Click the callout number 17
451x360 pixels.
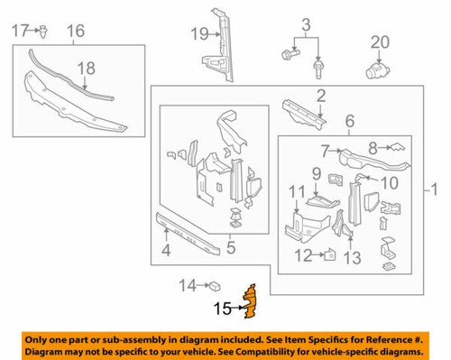tap(21, 32)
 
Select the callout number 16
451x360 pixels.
tap(76, 33)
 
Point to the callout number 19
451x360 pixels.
tap(198, 34)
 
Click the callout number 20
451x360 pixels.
tap(379, 41)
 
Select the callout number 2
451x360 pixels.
tap(320, 97)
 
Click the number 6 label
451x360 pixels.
tap(349, 118)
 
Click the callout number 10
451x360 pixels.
tap(390, 182)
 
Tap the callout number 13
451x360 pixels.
tap(352, 257)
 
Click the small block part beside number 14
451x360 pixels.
tap(217, 287)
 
